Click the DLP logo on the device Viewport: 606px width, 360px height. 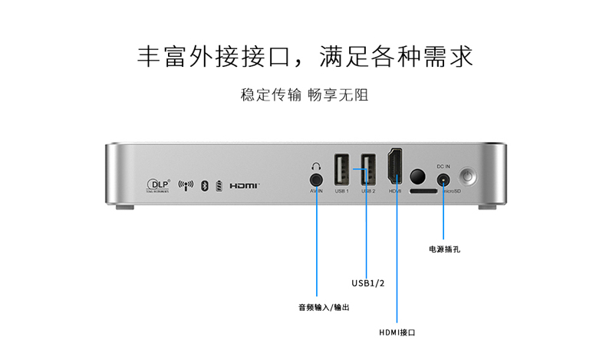coord(157,184)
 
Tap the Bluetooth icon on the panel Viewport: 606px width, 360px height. coord(204,185)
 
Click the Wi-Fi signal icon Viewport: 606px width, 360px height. coord(186,185)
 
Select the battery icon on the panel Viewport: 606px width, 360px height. coord(219,185)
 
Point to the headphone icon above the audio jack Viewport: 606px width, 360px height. coord(316,165)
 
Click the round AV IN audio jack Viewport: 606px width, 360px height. coord(316,178)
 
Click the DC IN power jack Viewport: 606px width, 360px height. coord(443,179)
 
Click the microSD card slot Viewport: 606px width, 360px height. coord(421,190)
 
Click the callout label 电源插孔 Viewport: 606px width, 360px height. coord(444,249)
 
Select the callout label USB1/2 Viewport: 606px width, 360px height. coord(368,282)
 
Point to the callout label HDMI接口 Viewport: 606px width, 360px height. coord(397,332)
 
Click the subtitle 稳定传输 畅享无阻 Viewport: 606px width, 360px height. coord(305,95)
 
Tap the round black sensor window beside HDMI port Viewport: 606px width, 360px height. coord(418,175)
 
